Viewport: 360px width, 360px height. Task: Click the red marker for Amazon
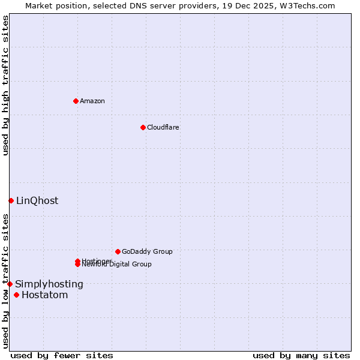click(76, 101)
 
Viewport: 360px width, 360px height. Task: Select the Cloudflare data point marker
click(143, 127)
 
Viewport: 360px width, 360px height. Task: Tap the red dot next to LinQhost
click(11, 200)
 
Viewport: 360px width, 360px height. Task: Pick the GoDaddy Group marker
click(118, 251)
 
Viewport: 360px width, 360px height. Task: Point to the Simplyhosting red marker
click(10, 284)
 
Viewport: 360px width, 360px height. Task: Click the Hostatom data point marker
click(16, 295)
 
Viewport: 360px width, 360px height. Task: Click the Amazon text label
click(92, 101)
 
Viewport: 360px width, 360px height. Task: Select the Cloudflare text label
click(163, 127)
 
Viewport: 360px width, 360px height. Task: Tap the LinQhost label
click(37, 201)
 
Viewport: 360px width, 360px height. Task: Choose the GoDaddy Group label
click(147, 251)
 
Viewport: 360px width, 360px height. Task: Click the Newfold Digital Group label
click(118, 265)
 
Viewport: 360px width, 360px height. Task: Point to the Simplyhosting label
click(49, 284)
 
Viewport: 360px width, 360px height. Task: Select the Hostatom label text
click(45, 295)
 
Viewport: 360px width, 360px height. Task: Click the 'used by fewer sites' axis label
click(62, 356)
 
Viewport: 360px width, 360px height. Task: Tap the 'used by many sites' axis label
click(301, 356)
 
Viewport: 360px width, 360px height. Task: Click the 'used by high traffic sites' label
click(5, 85)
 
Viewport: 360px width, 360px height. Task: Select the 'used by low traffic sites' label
click(5, 281)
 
